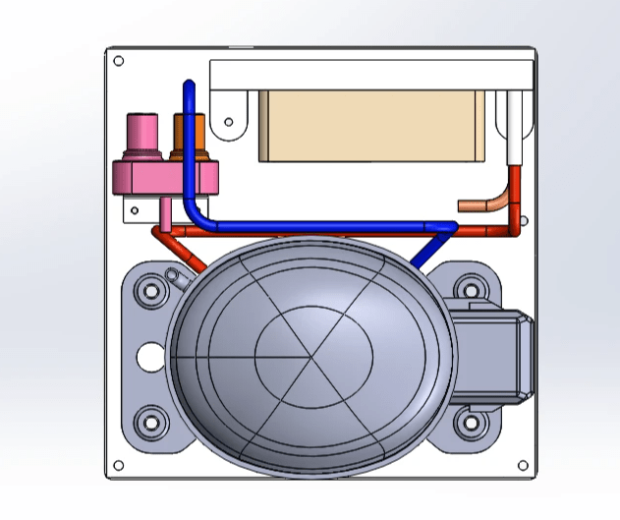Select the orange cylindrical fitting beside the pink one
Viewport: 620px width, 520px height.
pyautogui.click(x=188, y=133)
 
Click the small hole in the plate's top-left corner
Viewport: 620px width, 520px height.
pyautogui.click(x=119, y=61)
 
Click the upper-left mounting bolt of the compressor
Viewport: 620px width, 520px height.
pyautogui.click(x=149, y=291)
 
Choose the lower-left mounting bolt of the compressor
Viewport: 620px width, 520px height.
pyautogui.click(x=149, y=425)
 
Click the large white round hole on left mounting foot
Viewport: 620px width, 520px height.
pyautogui.click(x=147, y=357)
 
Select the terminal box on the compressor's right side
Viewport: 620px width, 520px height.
pyautogui.click(x=496, y=353)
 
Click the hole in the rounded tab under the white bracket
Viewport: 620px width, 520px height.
pyautogui.click(x=229, y=123)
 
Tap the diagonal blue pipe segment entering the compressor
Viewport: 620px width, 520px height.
pyautogui.click(x=426, y=252)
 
